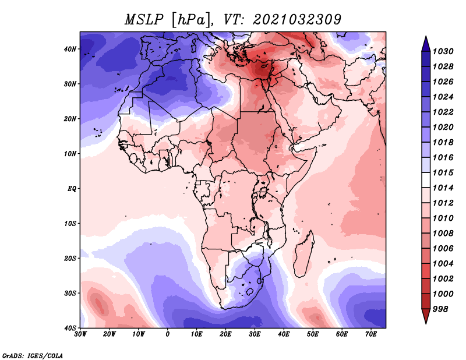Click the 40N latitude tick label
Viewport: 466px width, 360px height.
click(x=70, y=49)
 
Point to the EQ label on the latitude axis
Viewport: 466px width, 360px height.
click(x=72, y=189)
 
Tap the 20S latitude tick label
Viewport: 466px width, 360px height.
click(x=70, y=258)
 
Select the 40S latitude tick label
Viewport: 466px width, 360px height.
click(x=70, y=328)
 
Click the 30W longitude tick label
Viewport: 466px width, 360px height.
click(x=80, y=334)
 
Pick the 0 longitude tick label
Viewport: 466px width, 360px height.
click(x=168, y=334)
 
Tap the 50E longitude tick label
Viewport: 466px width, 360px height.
click(x=313, y=334)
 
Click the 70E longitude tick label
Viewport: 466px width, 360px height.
click(x=371, y=334)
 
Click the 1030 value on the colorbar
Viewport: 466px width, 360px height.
click(x=443, y=51)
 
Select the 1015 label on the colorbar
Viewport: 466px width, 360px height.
click(x=443, y=172)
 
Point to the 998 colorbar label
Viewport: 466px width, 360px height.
click(x=440, y=309)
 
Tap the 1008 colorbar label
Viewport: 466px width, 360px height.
click(x=443, y=234)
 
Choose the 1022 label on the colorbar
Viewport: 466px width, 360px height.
click(x=443, y=112)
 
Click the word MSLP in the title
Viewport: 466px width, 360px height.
click(x=144, y=20)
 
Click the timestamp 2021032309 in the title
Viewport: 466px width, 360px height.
click(x=297, y=20)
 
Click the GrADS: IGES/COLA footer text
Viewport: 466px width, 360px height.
click(x=33, y=356)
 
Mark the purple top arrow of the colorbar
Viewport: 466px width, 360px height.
click(x=426, y=44)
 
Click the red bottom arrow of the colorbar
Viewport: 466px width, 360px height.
click(x=426, y=316)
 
